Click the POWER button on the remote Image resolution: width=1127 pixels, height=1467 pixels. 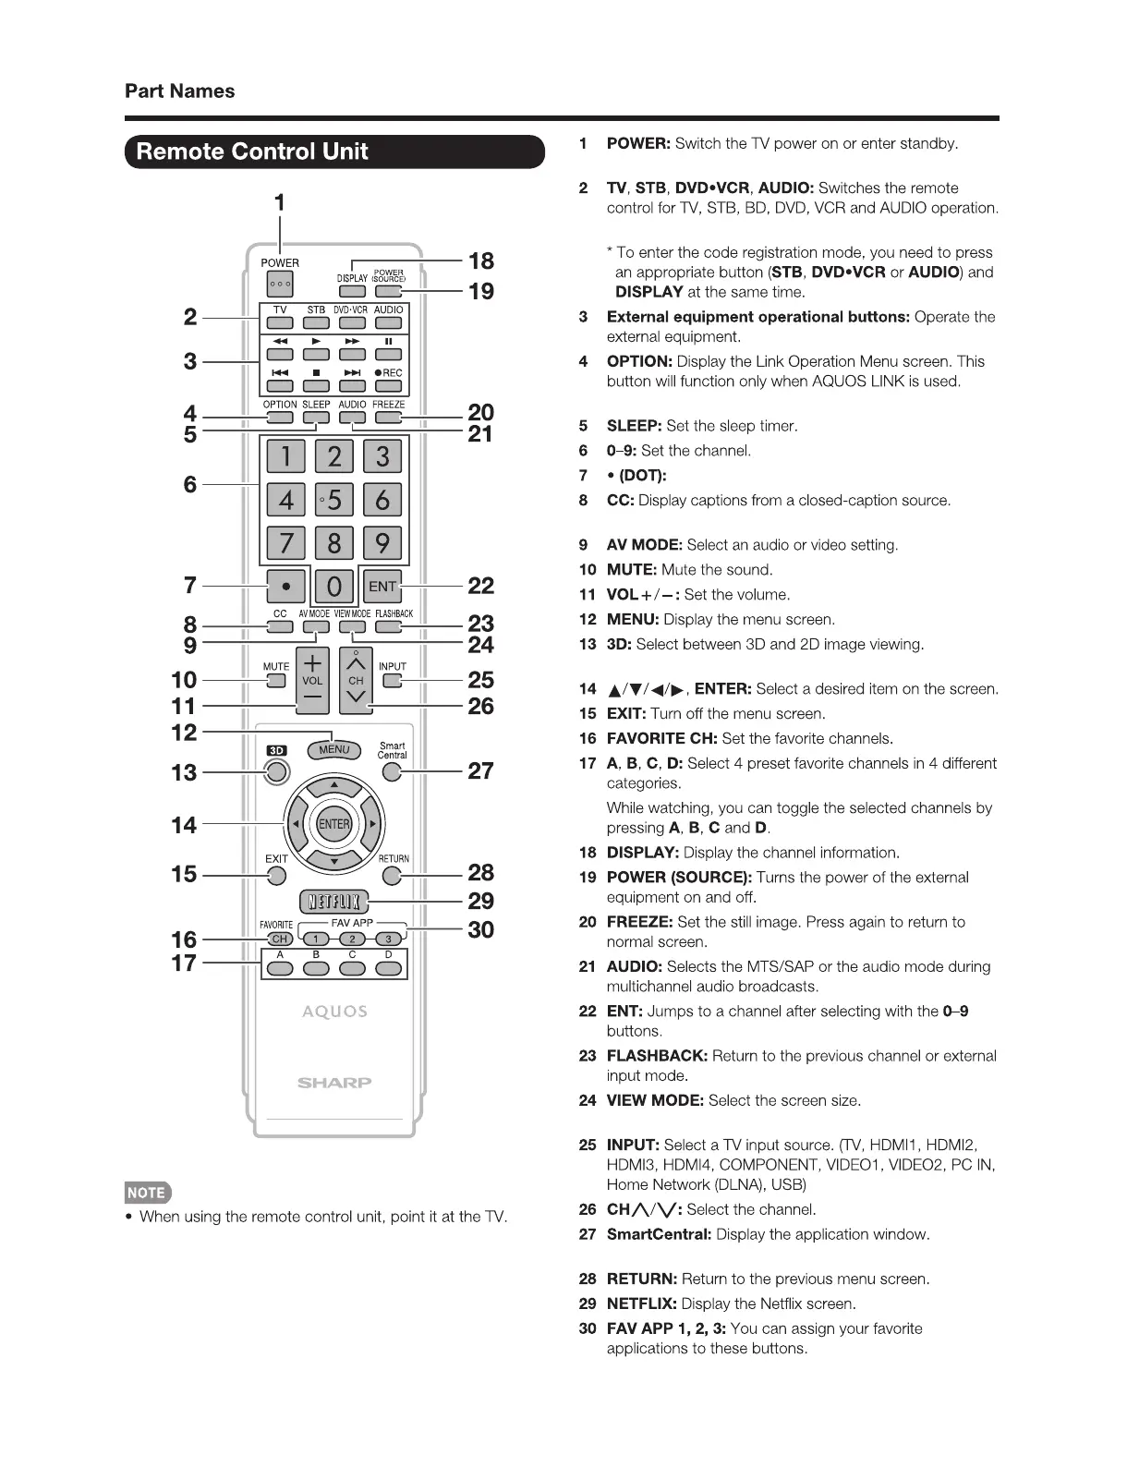(279, 285)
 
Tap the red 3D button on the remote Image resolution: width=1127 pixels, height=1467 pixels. (275, 771)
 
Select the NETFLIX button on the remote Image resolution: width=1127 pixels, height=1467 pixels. (334, 902)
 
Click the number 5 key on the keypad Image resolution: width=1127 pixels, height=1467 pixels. (333, 500)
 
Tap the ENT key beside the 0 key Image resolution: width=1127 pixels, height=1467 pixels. (382, 586)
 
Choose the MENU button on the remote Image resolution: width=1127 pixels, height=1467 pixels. (333, 749)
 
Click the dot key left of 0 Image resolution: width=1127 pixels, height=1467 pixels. (286, 586)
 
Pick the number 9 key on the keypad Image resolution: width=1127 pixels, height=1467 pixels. (382, 542)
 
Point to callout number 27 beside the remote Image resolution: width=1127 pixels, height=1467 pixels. (480, 770)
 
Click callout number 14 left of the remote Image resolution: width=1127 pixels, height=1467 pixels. (184, 825)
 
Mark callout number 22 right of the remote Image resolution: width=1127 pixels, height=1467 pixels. (480, 586)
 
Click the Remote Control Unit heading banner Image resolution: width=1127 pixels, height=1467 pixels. (334, 152)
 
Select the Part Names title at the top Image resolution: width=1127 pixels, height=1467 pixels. (180, 91)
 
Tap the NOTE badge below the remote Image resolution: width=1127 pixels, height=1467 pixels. (147, 1193)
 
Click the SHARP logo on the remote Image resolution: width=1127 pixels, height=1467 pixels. (334, 1083)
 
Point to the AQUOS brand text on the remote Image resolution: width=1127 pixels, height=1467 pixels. (334, 1012)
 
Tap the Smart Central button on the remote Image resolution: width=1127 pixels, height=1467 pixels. (393, 772)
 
